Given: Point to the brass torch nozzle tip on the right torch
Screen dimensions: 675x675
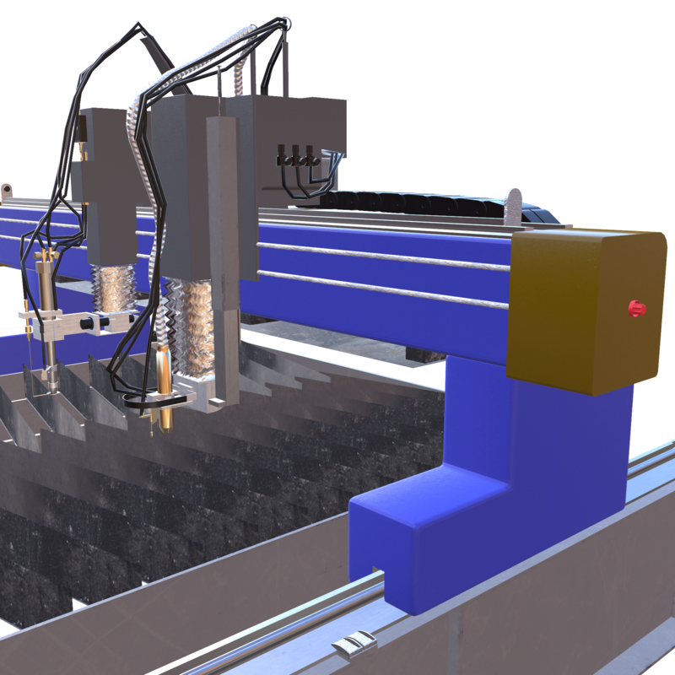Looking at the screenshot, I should point(166,418).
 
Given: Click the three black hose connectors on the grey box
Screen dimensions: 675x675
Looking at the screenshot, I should point(298,158).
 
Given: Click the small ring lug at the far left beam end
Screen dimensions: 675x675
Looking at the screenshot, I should point(8,187).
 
